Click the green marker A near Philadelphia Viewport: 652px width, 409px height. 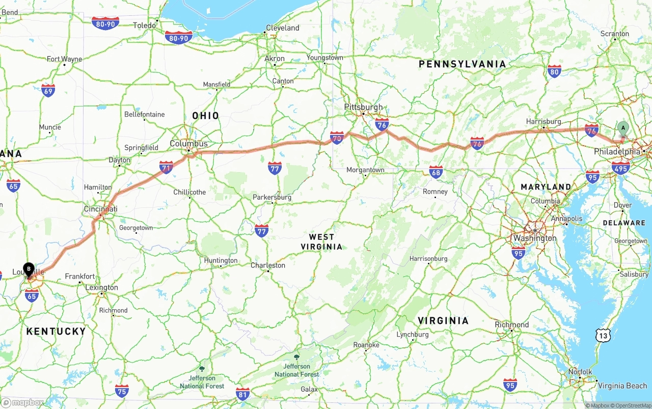pos(622,128)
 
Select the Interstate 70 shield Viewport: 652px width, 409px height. pos(337,137)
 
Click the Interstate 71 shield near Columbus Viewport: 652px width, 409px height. pos(166,167)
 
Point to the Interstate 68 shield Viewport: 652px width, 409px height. pos(436,172)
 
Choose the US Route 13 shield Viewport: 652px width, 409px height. pos(603,335)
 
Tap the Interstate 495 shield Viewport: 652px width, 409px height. pos(621,167)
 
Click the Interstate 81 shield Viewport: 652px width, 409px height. pos(243,393)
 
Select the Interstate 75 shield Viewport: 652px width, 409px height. pos(122,391)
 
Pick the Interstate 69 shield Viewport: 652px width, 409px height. pos(48,91)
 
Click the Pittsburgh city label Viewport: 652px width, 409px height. pos(363,107)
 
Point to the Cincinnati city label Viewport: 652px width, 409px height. pos(101,209)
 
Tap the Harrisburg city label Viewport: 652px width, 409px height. pos(544,122)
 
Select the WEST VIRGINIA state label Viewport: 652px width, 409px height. pos(322,242)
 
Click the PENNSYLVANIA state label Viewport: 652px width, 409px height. pos(463,64)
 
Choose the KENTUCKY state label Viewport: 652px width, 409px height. pos(56,332)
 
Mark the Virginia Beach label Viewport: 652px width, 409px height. pos(622,386)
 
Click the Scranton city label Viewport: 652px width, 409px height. pos(615,34)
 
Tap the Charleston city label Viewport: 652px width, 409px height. pos(268,265)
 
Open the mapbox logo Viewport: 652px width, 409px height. pos(22,402)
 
